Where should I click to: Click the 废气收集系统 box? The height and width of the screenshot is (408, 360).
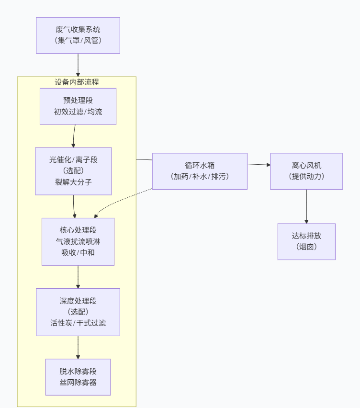[78, 35]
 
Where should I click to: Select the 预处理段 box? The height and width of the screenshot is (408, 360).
[78, 106]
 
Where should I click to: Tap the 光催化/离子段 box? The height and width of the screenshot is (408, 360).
[73, 171]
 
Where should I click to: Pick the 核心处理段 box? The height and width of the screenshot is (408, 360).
[78, 241]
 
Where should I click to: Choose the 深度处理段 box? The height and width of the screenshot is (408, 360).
[78, 312]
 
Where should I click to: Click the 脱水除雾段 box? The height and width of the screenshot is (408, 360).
[78, 377]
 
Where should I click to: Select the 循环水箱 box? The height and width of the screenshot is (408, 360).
[200, 171]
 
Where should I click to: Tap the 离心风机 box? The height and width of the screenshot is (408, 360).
[306, 171]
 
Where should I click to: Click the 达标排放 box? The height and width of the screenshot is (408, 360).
[306, 241]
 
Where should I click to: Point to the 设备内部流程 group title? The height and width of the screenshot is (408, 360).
[77, 82]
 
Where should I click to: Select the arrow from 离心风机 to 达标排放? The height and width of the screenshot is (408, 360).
[306, 206]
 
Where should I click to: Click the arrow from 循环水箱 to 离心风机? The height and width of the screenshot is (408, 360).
[259, 165]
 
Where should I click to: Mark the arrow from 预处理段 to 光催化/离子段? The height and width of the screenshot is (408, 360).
[74, 136]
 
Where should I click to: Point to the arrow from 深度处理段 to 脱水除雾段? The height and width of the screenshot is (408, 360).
[78, 347]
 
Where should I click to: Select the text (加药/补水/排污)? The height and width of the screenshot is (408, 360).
[200, 176]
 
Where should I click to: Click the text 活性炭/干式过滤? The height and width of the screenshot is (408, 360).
[78, 323]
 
